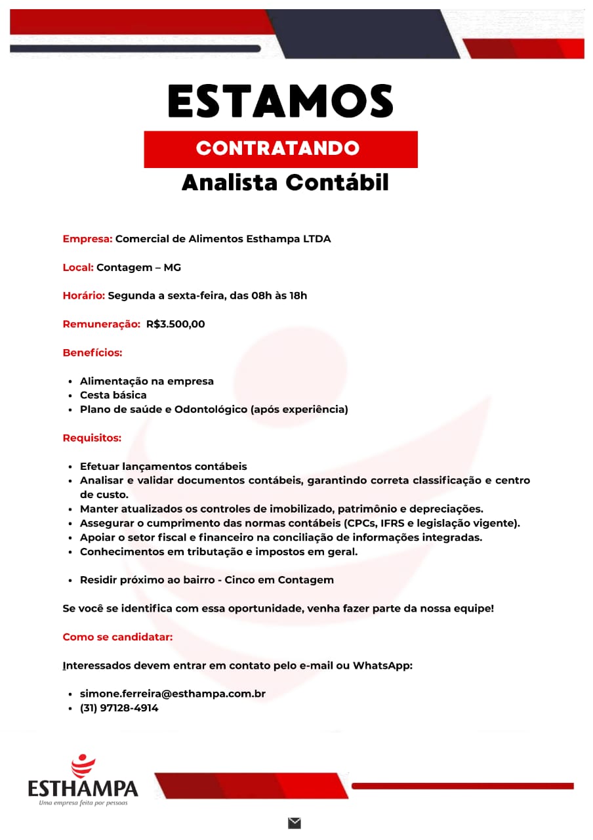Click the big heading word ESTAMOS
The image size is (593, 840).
coord(281,102)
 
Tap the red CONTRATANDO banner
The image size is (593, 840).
coord(281,148)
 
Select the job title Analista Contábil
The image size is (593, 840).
coord(285,183)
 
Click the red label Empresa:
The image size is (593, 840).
coord(87,239)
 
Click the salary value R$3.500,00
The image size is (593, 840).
coord(176,324)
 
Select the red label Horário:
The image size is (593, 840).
coord(83,296)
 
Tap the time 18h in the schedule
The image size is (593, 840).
coord(298,296)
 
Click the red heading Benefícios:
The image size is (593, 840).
coord(92,353)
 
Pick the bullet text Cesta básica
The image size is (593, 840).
coord(113,395)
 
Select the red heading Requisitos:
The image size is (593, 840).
coord(92,438)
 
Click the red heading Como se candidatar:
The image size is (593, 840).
coord(117,637)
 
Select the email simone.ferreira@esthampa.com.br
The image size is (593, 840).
coord(173,694)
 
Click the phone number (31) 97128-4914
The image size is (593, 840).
coord(119,708)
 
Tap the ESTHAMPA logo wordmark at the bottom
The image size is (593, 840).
coord(83,787)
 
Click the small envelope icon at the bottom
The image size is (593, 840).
coord(294,823)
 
